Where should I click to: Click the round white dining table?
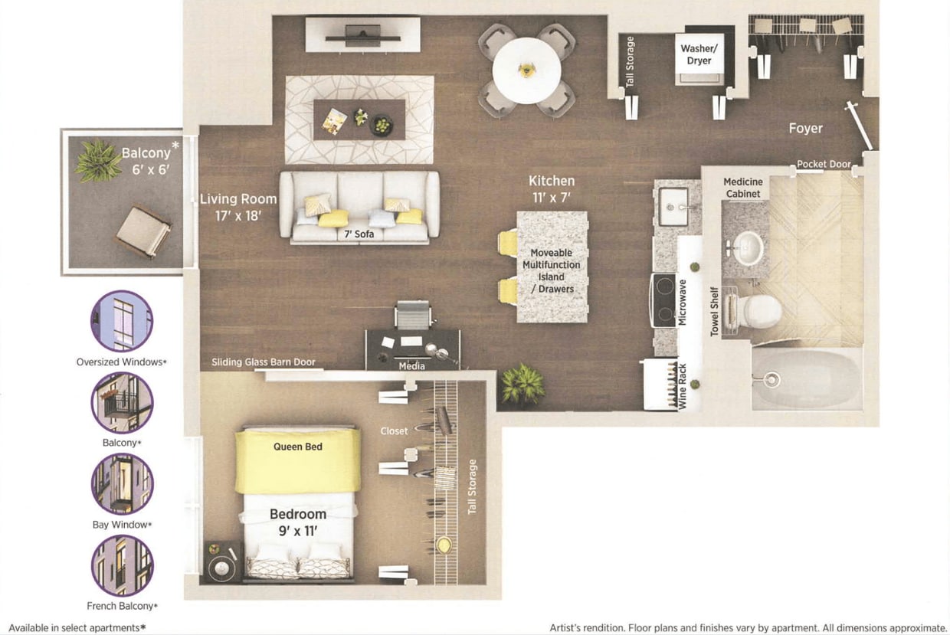(x=526, y=70)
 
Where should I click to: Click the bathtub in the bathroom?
(x=806, y=379)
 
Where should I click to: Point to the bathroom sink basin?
(x=748, y=247)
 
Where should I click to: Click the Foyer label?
(x=805, y=129)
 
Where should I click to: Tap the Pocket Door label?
(x=824, y=164)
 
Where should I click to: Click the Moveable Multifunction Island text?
(x=552, y=270)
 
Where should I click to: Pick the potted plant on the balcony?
(x=98, y=160)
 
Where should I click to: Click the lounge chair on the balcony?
(x=142, y=231)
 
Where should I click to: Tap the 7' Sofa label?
(x=359, y=234)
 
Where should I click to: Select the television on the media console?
(x=362, y=34)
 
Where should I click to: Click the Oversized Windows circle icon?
(x=122, y=321)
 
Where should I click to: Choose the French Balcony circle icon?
(x=122, y=566)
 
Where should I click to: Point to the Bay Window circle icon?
(x=122, y=484)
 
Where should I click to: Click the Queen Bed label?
(x=297, y=447)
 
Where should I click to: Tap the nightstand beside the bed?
(x=223, y=563)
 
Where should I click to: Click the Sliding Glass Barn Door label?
(x=264, y=362)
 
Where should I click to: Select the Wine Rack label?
(x=682, y=385)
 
